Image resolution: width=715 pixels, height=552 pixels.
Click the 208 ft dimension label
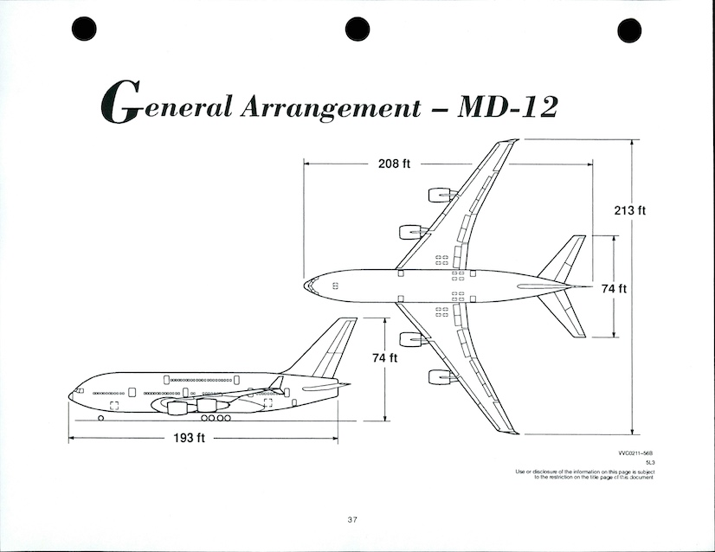coord(394,164)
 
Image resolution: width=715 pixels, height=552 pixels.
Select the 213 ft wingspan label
coord(629,210)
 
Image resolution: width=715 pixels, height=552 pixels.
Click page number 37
coord(352,519)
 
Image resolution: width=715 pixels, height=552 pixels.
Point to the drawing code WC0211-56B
coord(636,453)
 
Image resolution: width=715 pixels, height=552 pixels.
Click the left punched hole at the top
coord(83,30)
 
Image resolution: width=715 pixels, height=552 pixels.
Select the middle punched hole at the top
coord(357,29)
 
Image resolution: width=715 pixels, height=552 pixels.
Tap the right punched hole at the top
coord(629,30)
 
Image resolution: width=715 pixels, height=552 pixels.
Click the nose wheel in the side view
coord(101,419)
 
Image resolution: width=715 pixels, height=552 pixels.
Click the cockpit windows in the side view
coord(80,391)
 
